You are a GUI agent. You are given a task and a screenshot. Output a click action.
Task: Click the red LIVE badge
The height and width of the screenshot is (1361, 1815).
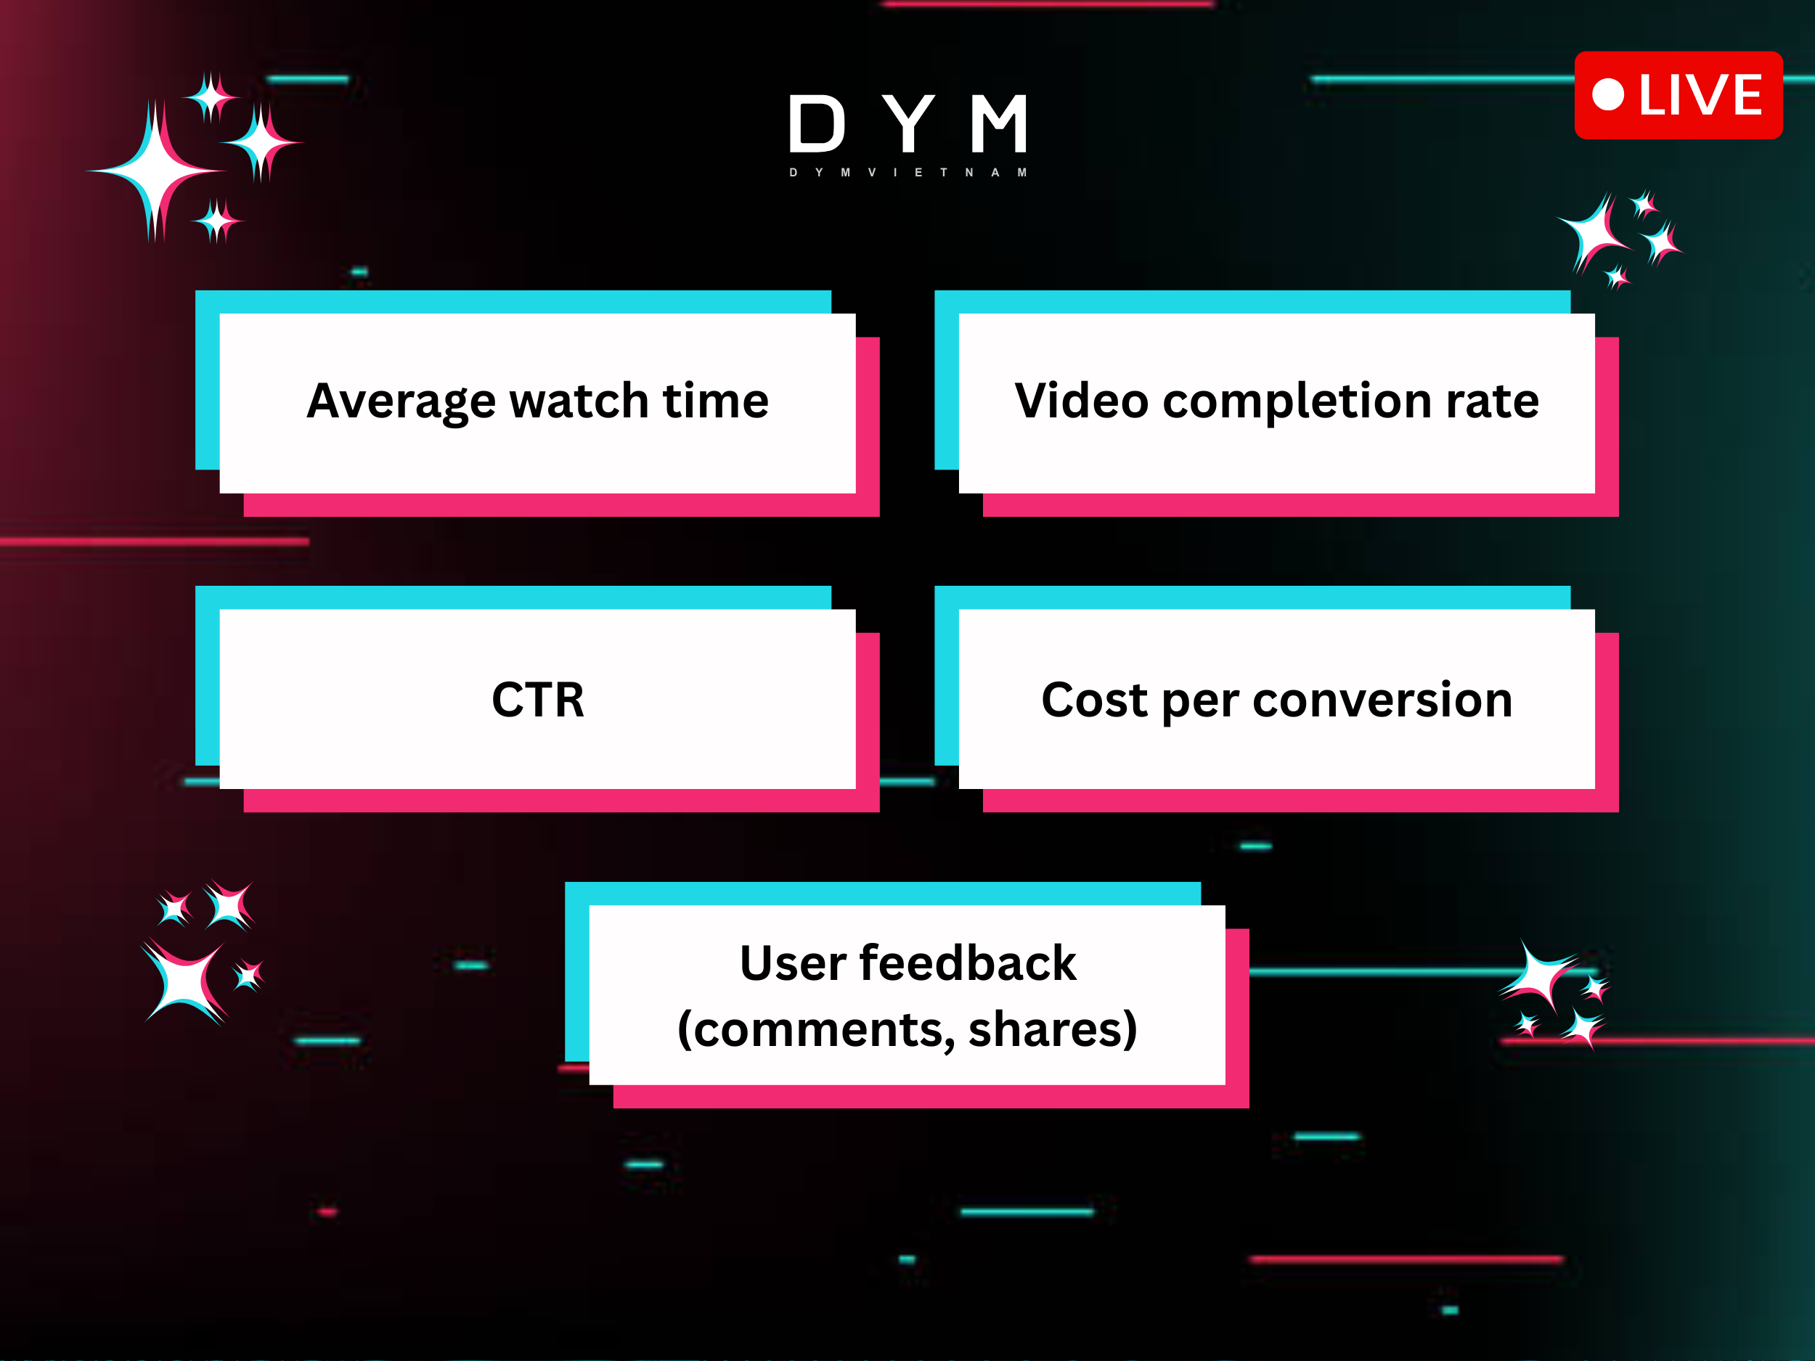[1678, 95]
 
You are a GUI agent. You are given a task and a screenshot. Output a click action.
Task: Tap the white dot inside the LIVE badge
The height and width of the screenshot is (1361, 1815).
[1607, 94]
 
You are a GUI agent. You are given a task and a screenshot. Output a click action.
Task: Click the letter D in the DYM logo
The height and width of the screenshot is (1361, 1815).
[817, 124]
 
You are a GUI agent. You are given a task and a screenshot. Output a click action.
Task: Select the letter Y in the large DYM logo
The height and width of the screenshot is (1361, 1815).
[909, 124]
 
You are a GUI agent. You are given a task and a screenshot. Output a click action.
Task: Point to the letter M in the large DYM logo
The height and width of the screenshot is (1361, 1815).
[998, 124]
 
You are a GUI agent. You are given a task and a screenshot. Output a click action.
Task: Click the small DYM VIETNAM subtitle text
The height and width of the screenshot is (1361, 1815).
[908, 172]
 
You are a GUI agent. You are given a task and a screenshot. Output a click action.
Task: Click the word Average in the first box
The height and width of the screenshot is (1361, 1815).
[401, 402]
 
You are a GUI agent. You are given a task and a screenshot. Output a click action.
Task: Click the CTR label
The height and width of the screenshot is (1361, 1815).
[537, 700]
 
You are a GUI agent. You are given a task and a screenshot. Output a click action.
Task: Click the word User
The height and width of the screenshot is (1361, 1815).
[792, 963]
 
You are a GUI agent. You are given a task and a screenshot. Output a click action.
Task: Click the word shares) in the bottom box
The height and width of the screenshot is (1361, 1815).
[1053, 1031]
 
